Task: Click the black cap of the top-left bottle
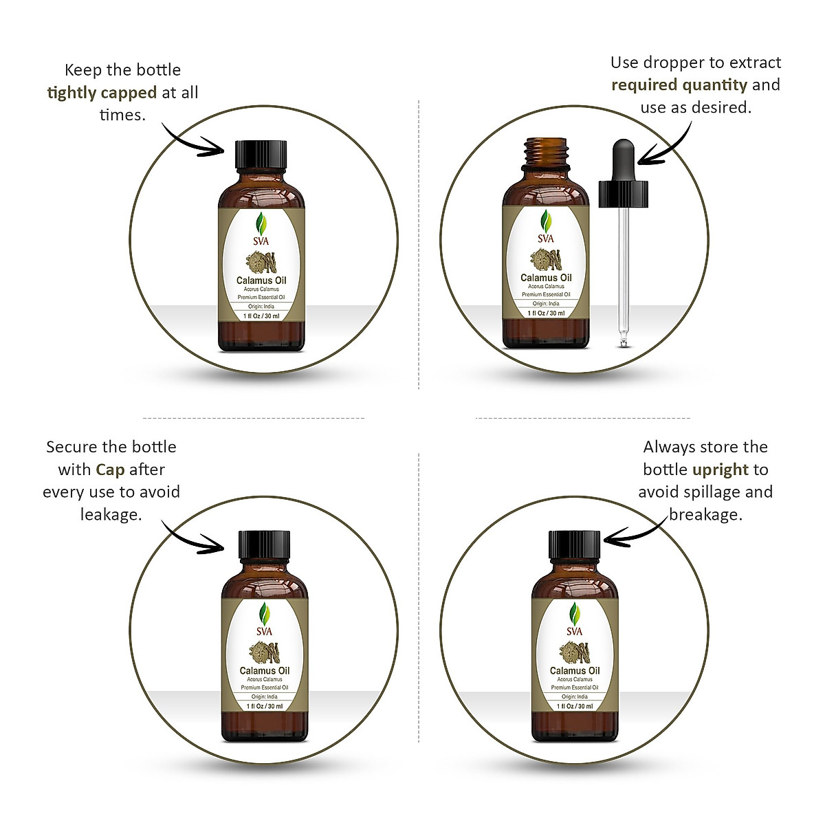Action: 261,159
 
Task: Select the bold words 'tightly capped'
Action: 102,93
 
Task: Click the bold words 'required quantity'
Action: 679,85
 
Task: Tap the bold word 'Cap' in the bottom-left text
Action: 110,470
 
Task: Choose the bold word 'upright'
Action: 720,470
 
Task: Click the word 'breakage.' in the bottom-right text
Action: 706,514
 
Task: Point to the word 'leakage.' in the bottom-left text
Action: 111,514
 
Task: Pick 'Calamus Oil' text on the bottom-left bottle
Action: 265,670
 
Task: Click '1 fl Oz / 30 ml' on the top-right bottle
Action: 546,313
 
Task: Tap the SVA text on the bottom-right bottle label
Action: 574,631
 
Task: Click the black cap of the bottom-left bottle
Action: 265,544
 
